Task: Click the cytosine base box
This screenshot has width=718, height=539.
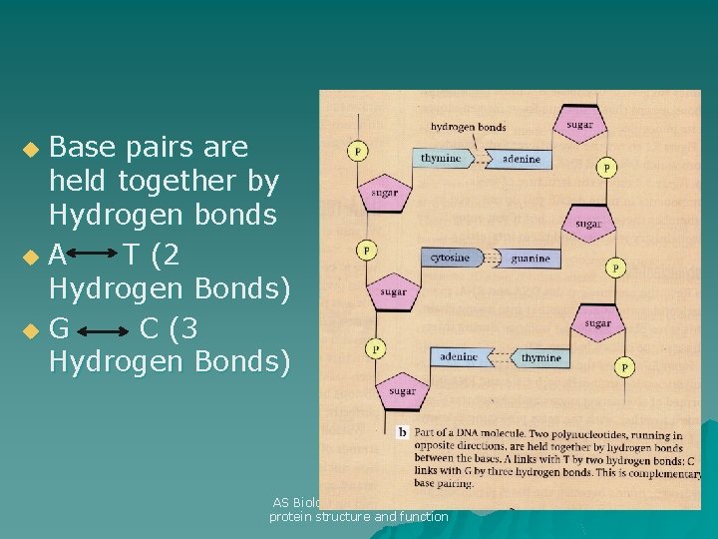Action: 449,258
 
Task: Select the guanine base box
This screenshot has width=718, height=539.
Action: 529,258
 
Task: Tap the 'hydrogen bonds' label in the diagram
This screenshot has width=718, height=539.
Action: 468,127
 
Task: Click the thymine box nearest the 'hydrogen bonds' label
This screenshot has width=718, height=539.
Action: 440,158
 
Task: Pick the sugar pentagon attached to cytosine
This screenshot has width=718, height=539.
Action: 393,290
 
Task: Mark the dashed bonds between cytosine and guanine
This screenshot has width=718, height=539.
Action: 489,258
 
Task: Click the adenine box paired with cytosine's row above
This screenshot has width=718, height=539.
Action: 521,158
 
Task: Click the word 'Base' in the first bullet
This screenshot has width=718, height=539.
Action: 84,148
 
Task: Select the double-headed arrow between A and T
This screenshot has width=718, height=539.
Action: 93,257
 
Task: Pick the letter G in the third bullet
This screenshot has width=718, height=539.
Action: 59,327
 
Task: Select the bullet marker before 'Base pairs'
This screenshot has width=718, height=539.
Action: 32,150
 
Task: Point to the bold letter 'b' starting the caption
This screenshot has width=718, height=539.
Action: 402,431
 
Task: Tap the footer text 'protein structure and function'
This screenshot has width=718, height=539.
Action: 359,516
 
